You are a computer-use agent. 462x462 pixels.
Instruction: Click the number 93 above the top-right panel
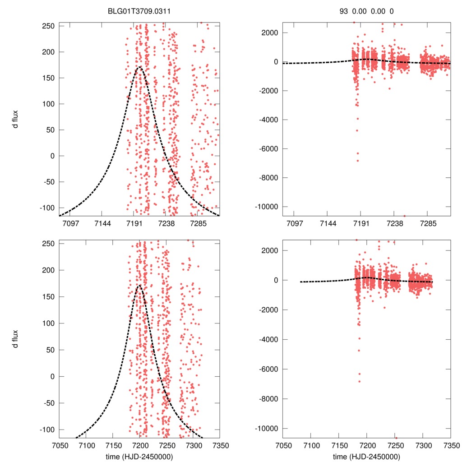344,11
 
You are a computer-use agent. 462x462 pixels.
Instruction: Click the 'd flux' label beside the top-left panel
17,119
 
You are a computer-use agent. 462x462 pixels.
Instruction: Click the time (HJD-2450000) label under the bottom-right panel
366,457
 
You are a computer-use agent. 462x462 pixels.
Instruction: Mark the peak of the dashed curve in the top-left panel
139,67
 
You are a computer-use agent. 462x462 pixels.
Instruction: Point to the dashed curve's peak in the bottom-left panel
139,285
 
